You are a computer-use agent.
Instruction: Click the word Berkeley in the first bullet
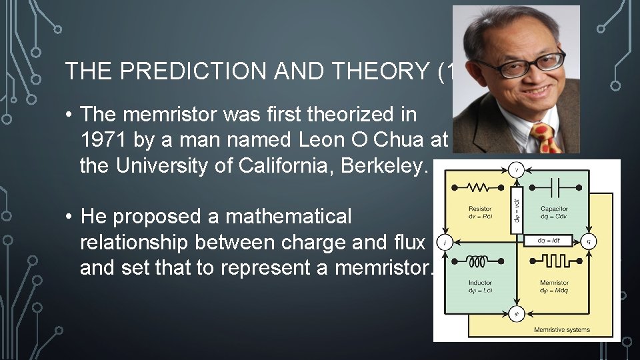[x=387, y=165]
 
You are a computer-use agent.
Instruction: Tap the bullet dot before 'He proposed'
[x=69, y=217]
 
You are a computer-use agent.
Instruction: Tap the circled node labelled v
[x=516, y=170]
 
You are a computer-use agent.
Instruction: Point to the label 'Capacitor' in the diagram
[x=555, y=209]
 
